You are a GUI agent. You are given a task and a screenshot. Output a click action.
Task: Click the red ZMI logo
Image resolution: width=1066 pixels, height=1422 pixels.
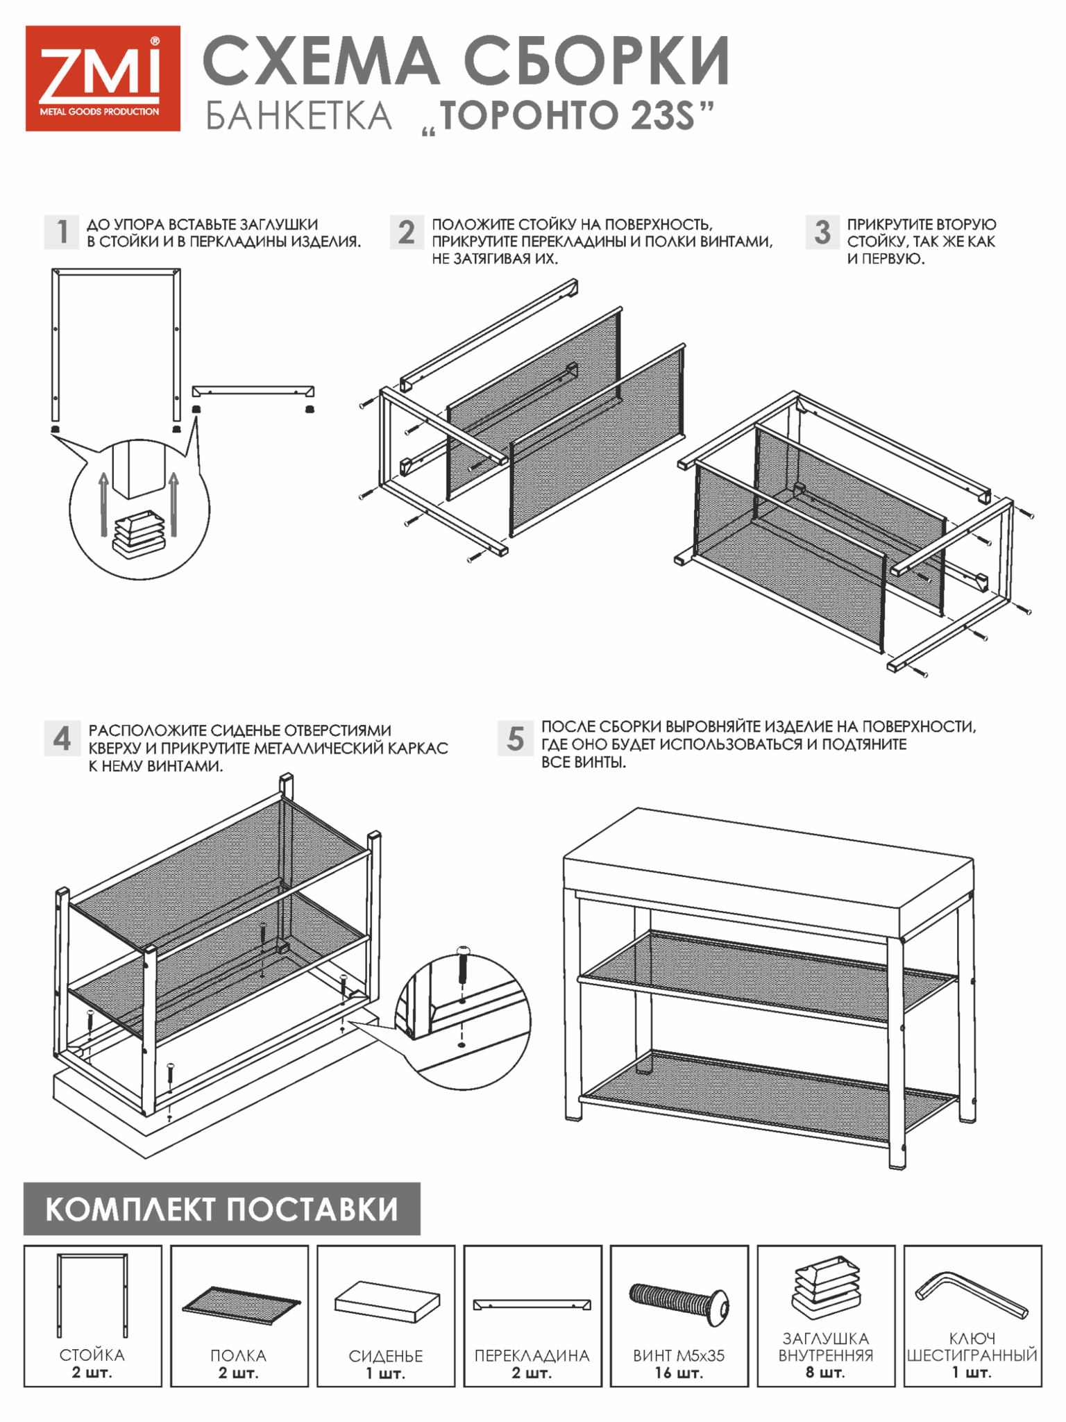tap(103, 78)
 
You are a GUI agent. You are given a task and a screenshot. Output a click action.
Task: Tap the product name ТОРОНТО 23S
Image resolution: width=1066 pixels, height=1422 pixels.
tap(568, 115)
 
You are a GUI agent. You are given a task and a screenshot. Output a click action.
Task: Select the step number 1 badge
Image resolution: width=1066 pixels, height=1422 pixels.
tap(62, 232)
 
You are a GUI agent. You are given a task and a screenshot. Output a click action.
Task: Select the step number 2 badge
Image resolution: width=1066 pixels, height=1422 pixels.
tap(407, 232)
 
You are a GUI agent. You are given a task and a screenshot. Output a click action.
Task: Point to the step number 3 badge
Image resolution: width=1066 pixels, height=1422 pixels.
tap(822, 232)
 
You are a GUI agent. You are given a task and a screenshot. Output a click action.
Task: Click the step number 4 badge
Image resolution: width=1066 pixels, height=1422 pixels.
tap(62, 738)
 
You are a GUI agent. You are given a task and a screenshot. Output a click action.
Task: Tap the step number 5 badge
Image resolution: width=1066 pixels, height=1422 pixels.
tap(516, 738)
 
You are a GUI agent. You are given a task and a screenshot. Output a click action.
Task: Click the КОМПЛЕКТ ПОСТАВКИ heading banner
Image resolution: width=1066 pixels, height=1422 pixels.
tap(222, 1209)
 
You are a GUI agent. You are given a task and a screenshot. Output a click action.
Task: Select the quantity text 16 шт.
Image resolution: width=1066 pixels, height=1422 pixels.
tap(679, 1373)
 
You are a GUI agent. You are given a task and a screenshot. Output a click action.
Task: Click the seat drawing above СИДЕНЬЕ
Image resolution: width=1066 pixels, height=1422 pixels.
tap(387, 1302)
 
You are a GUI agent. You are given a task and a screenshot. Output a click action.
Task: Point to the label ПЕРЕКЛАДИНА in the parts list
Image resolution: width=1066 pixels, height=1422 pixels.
tap(532, 1356)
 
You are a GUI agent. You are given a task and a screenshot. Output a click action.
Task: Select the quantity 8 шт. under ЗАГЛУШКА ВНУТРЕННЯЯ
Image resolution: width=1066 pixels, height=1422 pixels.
tap(826, 1373)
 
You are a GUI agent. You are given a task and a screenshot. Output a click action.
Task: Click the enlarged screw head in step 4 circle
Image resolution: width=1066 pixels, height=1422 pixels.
tap(463, 951)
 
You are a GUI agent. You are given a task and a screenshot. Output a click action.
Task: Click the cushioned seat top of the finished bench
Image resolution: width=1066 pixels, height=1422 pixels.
tap(769, 868)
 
